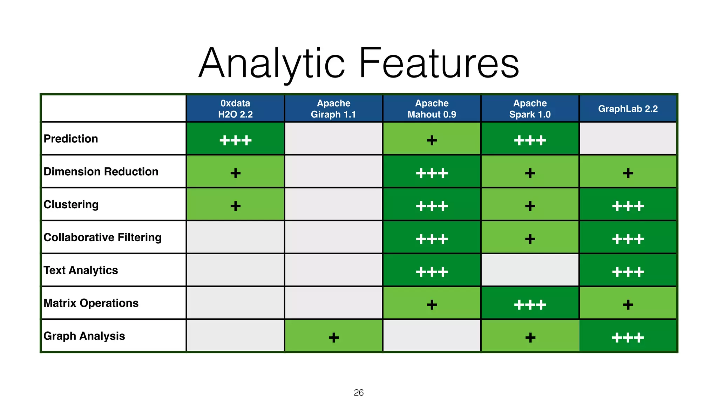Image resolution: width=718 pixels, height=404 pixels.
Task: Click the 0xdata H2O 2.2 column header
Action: click(x=235, y=109)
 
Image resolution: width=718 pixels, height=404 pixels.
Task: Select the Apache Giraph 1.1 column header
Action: click(x=333, y=109)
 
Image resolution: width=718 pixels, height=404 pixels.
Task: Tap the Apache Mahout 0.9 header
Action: click(x=432, y=109)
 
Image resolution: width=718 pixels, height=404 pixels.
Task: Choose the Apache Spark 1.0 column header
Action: click(x=530, y=109)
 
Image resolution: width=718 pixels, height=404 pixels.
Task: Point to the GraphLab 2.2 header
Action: click(x=628, y=109)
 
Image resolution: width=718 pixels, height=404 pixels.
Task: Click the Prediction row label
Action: click(x=71, y=139)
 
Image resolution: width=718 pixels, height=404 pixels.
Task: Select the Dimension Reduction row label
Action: click(x=101, y=172)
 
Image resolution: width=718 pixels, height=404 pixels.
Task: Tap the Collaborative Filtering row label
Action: click(x=102, y=237)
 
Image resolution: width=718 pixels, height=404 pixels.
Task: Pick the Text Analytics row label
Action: click(x=81, y=270)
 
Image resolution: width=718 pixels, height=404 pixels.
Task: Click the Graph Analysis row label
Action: click(x=84, y=336)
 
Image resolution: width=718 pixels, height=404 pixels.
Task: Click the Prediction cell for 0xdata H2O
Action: click(x=235, y=139)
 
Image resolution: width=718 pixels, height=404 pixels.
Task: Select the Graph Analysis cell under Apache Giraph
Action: click(x=333, y=336)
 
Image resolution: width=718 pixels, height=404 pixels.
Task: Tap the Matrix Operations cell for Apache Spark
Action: click(x=530, y=303)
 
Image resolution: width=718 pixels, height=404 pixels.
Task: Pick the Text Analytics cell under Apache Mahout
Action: click(x=432, y=270)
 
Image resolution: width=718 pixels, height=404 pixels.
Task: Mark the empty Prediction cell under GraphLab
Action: click(x=628, y=139)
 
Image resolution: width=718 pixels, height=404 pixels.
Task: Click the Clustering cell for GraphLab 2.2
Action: click(x=628, y=205)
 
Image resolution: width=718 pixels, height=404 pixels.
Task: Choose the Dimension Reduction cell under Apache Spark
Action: click(x=530, y=172)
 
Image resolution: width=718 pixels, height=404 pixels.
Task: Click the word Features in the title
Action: click(x=439, y=63)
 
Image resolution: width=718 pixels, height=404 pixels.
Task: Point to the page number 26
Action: click(x=359, y=392)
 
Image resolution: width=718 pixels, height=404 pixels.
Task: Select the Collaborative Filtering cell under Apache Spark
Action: click(x=530, y=237)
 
